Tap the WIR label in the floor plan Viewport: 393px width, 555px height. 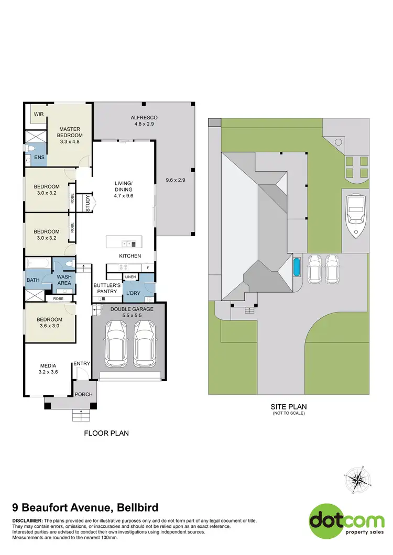pos(39,114)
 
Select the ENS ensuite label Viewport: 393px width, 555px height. pos(39,157)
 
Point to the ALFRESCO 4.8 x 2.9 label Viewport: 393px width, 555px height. pos(144,120)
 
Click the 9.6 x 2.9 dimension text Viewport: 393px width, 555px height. pos(176,180)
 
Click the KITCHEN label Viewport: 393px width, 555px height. pos(130,256)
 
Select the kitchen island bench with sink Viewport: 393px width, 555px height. pos(124,243)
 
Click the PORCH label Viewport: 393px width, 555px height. pos(83,394)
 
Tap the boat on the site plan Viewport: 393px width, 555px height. pos(356,214)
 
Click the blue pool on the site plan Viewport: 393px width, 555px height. pos(297,267)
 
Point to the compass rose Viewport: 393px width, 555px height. pos(359,479)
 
